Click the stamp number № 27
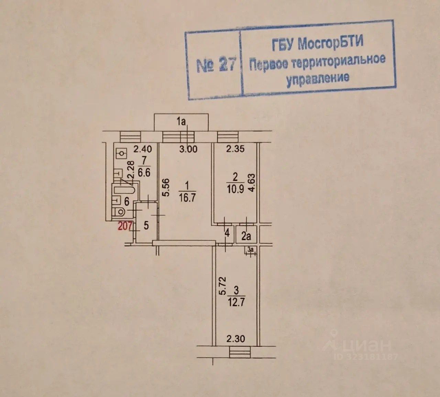pos(216,65)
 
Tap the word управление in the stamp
pos(318,78)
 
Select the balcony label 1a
pos(181,121)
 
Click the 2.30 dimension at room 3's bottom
pos(236,339)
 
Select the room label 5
pos(146,226)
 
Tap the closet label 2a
pos(246,236)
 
